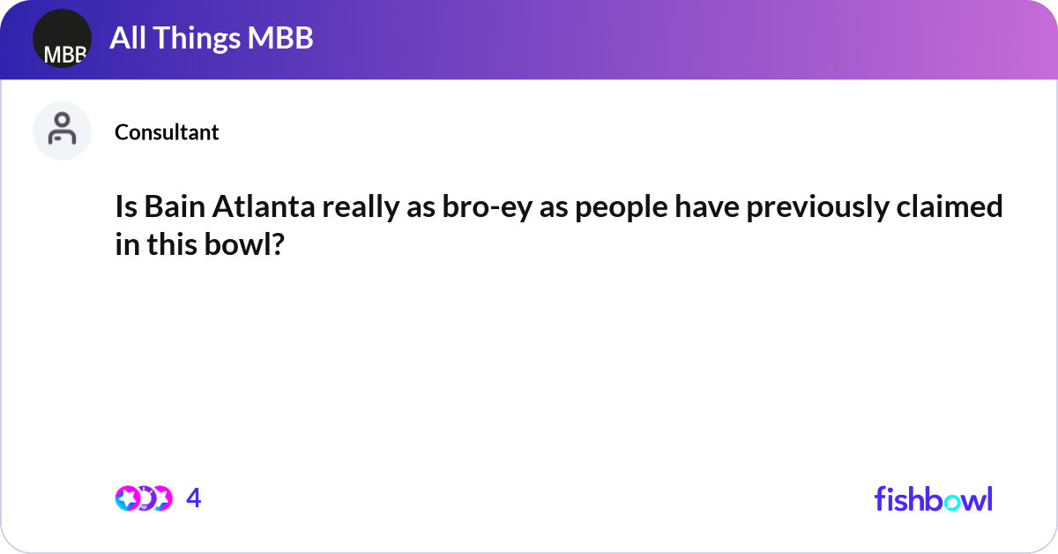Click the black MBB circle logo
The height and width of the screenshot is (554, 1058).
[x=62, y=39]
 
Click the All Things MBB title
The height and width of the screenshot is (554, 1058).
[x=211, y=38]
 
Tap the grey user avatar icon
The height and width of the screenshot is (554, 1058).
[x=62, y=131]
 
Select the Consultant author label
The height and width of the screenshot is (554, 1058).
[x=167, y=132]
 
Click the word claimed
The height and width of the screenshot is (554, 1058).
[x=958, y=207]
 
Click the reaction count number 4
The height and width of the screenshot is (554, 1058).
[x=194, y=498]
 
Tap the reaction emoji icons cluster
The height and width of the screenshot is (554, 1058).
[x=143, y=498]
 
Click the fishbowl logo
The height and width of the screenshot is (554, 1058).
[x=933, y=498]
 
